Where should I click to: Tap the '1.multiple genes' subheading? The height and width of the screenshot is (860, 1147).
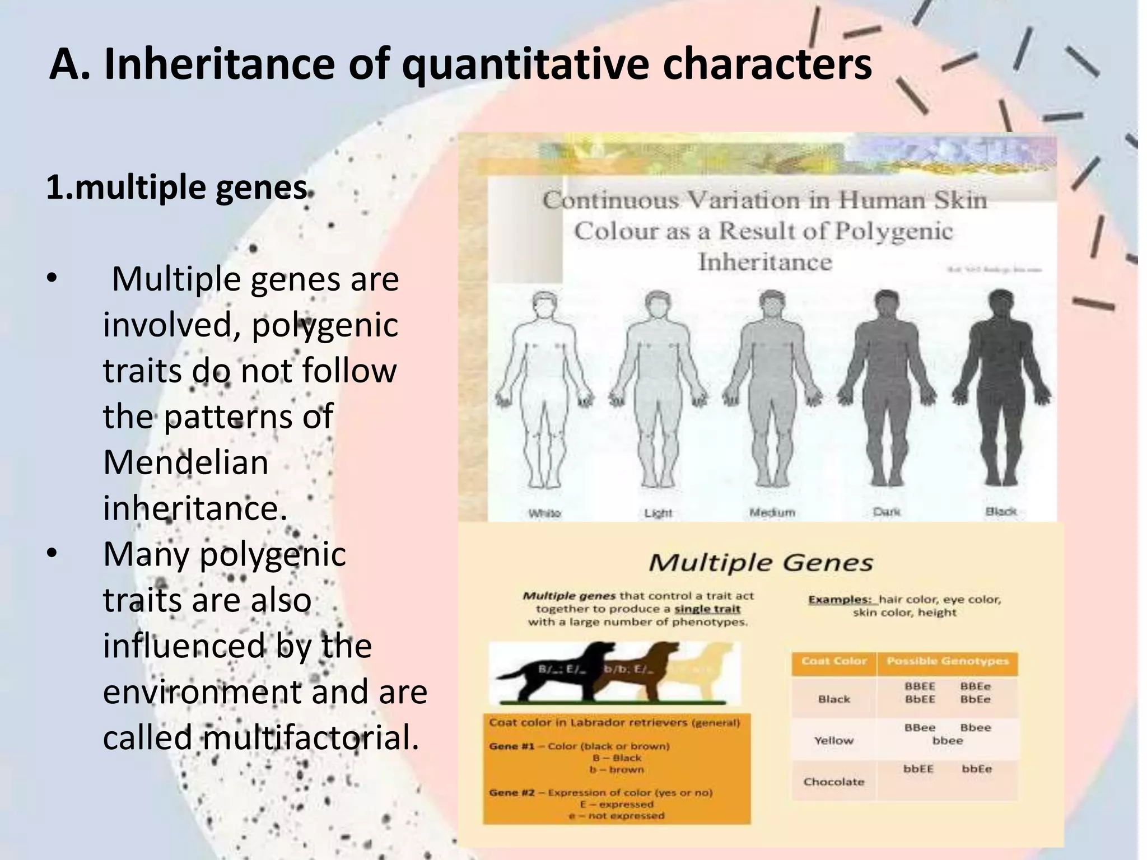click(177, 187)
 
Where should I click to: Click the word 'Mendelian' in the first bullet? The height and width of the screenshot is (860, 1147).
click(186, 462)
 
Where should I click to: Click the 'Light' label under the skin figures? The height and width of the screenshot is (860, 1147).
click(658, 513)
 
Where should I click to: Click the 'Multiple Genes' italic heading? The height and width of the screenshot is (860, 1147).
click(761, 563)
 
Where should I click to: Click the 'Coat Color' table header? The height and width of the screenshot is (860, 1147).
click(834, 662)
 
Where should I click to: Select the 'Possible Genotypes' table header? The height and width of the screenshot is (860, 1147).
click(947, 662)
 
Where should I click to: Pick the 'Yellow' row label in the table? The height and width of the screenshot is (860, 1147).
click(834, 741)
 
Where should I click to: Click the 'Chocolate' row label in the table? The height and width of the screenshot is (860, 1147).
click(834, 782)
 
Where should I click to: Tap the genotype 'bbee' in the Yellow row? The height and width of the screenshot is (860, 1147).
click(948, 741)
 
